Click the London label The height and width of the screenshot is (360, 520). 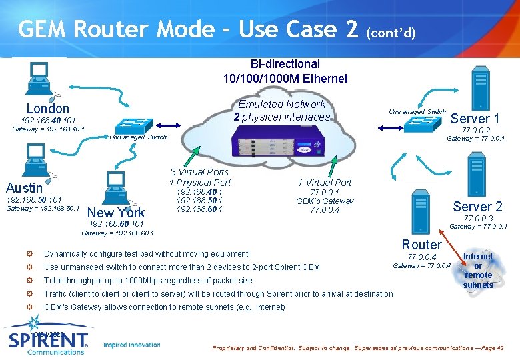tap(47, 109)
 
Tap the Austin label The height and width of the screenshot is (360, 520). tap(24, 188)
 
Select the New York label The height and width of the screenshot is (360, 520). tap(117, 213)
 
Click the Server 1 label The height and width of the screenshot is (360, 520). tap(475, 119)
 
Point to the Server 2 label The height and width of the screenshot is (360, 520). tap(477, 207)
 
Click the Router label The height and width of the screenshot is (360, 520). tap(421, 245)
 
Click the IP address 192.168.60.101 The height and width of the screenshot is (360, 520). tap(116, 224)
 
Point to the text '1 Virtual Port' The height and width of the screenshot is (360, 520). tap(324, 183)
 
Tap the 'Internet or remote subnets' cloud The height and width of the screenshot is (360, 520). tap(478, 270)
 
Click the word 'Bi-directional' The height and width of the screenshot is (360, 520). tap(285, 64)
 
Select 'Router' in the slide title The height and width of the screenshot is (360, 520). tap(114, 29)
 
